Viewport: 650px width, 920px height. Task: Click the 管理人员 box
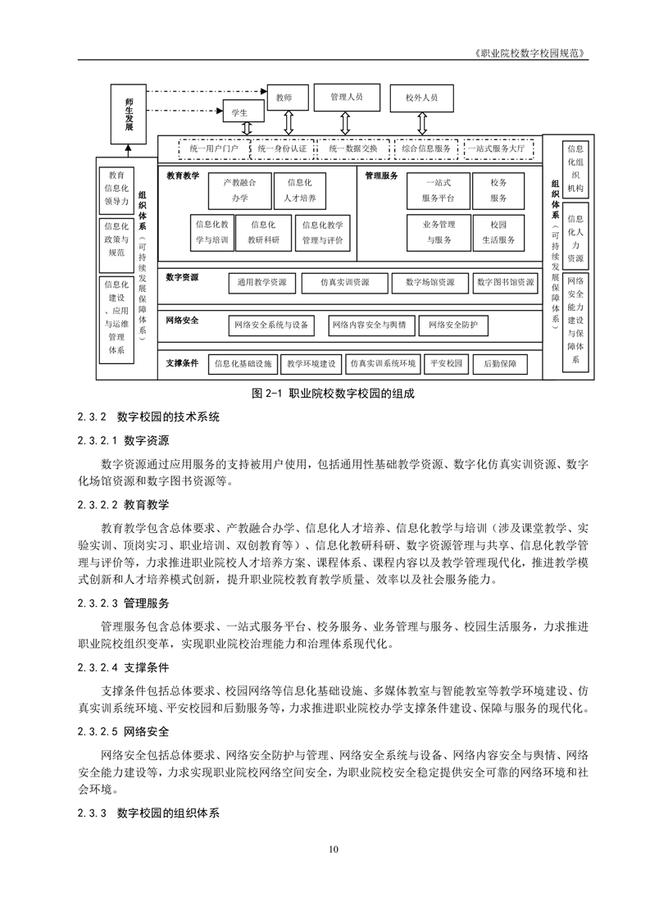[346, 97]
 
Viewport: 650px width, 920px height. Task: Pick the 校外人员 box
[421, 98]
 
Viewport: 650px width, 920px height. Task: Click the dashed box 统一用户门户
[213, 149]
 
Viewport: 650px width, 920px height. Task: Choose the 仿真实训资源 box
[345, 283]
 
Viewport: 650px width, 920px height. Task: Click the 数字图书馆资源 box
[505, 283]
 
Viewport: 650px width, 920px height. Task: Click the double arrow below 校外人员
[421, 123]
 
